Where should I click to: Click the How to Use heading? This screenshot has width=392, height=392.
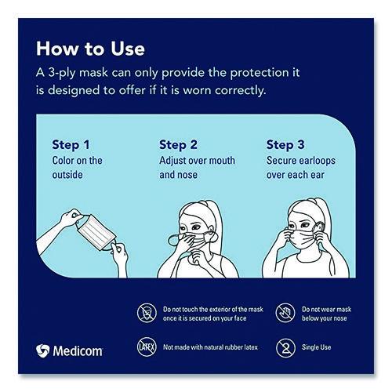click(90, 49)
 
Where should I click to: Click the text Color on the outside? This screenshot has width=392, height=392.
click(77, 168)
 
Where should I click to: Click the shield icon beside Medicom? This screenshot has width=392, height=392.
click(43, 351)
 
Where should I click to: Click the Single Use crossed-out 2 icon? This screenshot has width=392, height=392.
click(285, 345)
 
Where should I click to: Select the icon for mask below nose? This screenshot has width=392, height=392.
click(285, 314)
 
